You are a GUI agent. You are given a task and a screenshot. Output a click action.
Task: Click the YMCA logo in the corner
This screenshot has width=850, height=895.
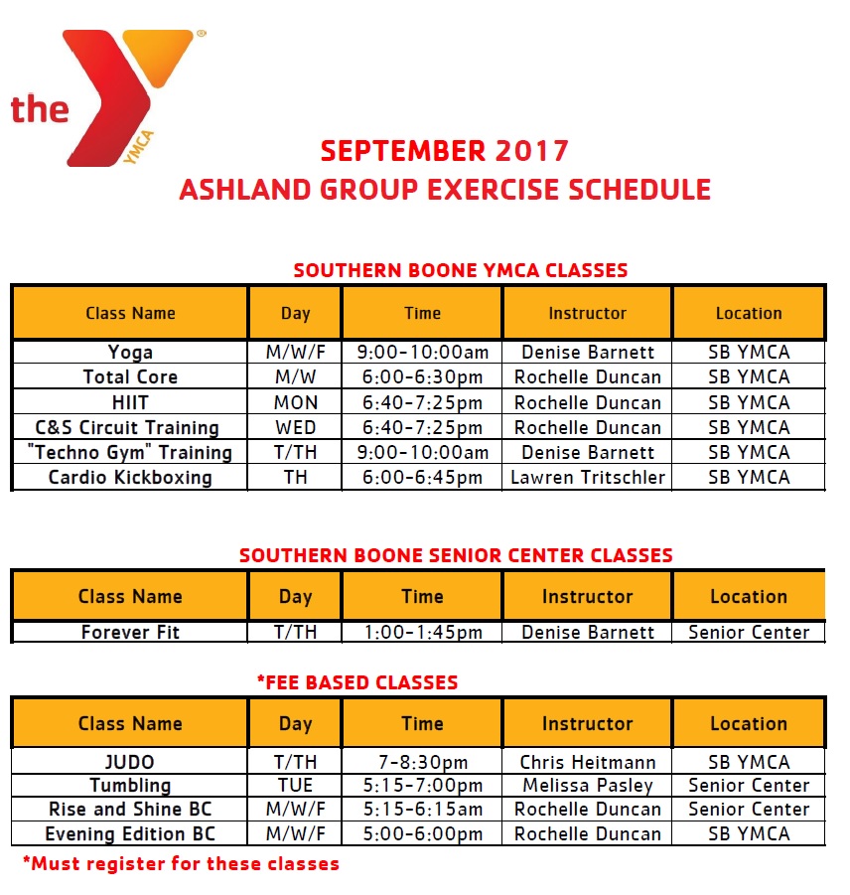click(108, 98)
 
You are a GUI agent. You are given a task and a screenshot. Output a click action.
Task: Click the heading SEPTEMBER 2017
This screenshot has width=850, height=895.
click(445, 151)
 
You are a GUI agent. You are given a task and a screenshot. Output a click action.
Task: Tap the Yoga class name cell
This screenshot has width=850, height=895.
click(130, 353)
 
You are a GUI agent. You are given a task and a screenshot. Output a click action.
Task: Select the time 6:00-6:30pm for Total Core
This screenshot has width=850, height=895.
click(422, 377)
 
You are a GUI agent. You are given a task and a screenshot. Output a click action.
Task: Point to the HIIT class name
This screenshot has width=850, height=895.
click(130, 402)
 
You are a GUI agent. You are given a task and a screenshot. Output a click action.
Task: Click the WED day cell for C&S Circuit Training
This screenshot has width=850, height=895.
click(295, 427)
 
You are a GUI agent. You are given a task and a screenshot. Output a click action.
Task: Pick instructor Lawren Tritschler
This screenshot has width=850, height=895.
click(588, 477)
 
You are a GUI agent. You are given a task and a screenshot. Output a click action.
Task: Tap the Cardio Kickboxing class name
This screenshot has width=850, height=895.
click(130, 477)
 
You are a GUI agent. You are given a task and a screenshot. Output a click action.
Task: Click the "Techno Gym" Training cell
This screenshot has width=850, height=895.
click(130, 452)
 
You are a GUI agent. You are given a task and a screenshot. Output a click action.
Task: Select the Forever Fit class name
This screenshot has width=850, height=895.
click(130, 632)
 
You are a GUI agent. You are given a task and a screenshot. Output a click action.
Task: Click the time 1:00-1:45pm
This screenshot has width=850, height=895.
click(422, 632)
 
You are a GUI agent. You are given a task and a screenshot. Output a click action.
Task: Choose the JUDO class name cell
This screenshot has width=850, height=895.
click(130, 762)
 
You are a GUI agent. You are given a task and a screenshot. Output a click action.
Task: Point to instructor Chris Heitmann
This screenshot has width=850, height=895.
click(588, 762)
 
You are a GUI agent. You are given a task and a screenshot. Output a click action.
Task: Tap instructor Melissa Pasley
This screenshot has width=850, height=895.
click(588, 786)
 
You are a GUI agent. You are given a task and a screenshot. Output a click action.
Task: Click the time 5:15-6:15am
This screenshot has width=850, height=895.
click(422, 809)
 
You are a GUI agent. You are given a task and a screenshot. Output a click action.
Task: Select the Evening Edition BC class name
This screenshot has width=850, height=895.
click(130, 834)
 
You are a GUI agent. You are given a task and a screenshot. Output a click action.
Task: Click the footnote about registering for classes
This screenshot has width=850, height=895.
click(181, 863)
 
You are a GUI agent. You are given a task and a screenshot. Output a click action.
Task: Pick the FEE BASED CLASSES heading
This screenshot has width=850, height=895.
click(357, 682)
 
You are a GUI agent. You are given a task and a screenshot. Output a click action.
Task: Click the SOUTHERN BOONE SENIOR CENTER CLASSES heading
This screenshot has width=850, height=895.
click(456, 555)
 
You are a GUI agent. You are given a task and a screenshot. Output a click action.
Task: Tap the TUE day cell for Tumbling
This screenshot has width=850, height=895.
click(295, 786)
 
